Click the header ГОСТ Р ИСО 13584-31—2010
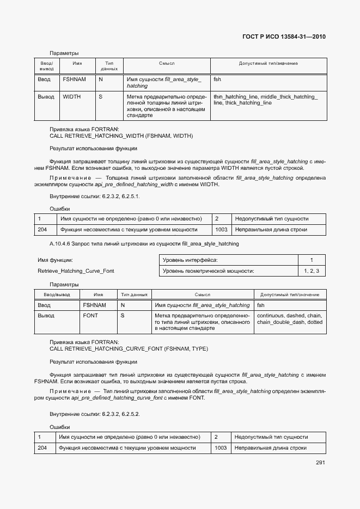pyautogui.click(x=284, y=38)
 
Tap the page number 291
pyautogui.click(x=320, y=463)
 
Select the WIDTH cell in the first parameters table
pyautogui.click(x=72, y=96)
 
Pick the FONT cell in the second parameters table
pyautogui.click(x=90, y=316)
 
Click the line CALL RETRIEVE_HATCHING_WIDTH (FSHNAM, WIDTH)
pyautogui.click(x=121, y=136)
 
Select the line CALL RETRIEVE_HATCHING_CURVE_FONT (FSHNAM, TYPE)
pyautogui.click(x=129, y=348)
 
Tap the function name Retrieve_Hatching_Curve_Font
pyautogui.click(x=76, y=271)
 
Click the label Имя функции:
pyautogui.click(x=55, y=260)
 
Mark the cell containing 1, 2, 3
pyautogui.click(x=311, y=271)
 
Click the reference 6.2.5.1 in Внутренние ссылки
pyautogui.click(x=129, y=196)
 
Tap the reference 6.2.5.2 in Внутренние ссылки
pyautogui.click(x=129, y=414)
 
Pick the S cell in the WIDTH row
pyautogui.click(x=101, y=96)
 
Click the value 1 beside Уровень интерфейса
pyautogui.click(x=311, y=260)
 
